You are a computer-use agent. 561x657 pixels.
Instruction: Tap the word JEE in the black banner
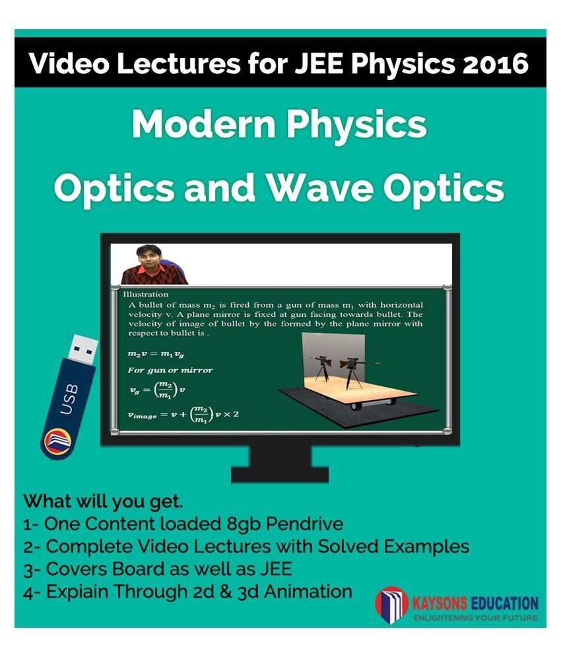point(320,63)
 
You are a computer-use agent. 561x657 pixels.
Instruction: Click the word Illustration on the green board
point(145,294)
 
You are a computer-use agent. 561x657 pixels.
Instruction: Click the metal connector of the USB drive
point(83,347)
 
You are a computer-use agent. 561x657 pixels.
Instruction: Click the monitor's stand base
point(279,475)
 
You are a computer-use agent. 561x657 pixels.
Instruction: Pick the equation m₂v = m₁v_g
point(156,354)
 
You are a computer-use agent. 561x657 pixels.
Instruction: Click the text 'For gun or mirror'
point(170,370)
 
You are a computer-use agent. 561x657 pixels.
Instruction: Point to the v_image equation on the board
point(183,415)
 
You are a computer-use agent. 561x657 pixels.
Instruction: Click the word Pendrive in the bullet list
point(305,524)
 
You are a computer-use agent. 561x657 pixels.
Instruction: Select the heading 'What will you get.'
point(103,502)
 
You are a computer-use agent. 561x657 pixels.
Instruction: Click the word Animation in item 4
point(308,592)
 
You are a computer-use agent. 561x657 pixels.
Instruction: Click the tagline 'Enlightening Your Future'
point(476,617)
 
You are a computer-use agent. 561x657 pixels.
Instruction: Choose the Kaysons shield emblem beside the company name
point(391,605)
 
